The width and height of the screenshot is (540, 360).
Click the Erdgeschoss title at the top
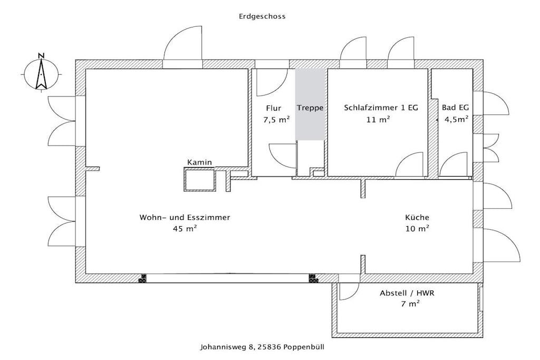tap(262, 16)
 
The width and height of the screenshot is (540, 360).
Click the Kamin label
tap(199, 162)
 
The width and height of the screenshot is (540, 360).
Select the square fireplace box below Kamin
tap(200, 180)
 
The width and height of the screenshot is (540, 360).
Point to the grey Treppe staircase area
tap(310, 105)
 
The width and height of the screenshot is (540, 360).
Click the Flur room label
tap(274, 108)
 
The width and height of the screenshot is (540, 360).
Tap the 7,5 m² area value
tap(276, 120)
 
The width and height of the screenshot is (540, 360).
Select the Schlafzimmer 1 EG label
tap(381, 108)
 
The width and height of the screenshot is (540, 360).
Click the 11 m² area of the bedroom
tap(378, 120)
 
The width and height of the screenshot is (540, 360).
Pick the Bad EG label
tap(455, 108)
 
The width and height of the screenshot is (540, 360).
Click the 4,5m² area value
tap(456, 120)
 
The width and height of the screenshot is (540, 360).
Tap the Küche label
tap(417, 218)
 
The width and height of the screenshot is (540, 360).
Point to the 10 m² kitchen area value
tap(417, 229)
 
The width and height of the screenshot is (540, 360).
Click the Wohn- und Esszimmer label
tap(185, 218)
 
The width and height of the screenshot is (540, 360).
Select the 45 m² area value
tap(185, 229)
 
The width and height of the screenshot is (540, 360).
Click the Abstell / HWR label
tap(407, 294)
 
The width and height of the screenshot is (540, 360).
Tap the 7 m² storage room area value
tap(410, 304)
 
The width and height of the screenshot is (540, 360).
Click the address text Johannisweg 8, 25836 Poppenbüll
tap(262, 347)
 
